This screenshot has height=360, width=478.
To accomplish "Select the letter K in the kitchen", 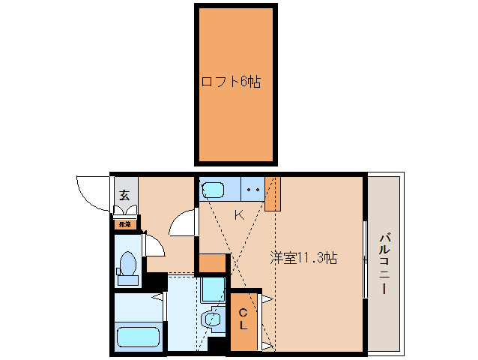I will coord(238,216).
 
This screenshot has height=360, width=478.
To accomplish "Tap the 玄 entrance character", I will coord(124,195).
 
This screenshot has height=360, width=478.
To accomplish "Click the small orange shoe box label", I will coord(124,223).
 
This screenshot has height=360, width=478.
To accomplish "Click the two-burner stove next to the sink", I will coord(252,190).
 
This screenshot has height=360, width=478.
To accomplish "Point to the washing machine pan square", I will coord(213,289).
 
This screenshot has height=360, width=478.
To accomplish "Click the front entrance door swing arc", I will coord(91,193).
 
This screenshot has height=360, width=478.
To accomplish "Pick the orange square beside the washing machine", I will coord(212,263).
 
